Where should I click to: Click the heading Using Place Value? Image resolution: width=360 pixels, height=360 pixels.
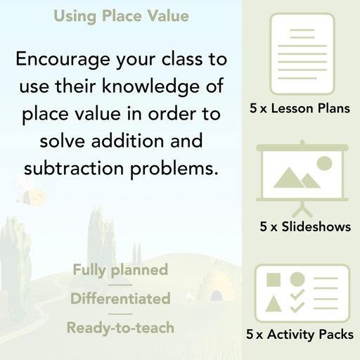click(x=120, y=15)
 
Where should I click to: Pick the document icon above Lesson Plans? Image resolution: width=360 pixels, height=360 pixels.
click(x=300, y=53)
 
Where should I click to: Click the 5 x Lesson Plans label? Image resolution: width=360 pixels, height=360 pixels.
click(x=300, y=109)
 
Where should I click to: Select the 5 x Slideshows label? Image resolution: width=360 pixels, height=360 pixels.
click(x=305, y=227)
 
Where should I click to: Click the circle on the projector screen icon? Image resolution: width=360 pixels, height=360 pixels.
click(x=324, y=164)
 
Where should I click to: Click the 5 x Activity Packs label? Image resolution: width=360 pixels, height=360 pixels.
click(x=300, y=335)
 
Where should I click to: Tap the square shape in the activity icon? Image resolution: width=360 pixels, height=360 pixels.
click(x=274, y=280)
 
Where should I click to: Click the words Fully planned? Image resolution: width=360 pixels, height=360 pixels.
click(x=120, y=269)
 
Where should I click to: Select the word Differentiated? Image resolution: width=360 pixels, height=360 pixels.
click(x=120, y=298)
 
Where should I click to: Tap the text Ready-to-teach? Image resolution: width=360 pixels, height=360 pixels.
click(x=120, y=327)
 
